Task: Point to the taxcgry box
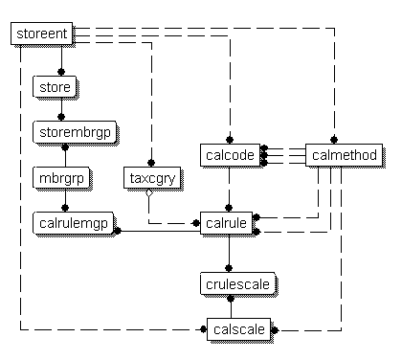tap(148, 178)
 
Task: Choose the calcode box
tap(228, 155)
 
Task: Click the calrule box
tap(227, 224)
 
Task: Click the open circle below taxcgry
tap(149, 192)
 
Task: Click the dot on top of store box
tap(61, 74)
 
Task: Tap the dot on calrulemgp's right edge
tap(117, 230)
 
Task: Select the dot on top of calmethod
tap(334, 141)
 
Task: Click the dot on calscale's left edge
tap(203, 329)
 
